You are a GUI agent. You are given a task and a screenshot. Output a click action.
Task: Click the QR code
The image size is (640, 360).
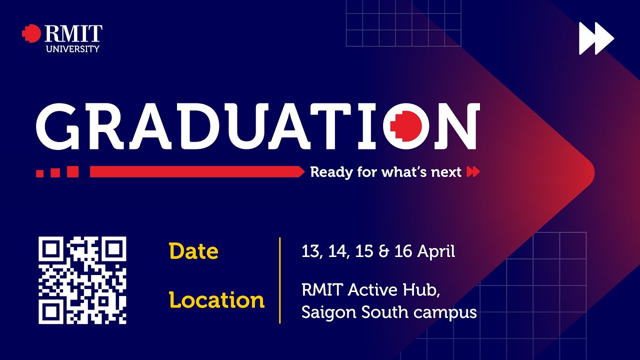[82, 280]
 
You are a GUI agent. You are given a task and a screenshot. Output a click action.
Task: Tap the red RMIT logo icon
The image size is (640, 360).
[31, 33]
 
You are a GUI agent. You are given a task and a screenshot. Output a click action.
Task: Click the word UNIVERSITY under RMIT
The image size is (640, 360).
[72, 49]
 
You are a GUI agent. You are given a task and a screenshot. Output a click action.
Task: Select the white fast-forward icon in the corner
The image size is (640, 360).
[596, 38]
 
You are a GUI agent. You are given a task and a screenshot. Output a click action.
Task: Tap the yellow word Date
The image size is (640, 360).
[193, 251]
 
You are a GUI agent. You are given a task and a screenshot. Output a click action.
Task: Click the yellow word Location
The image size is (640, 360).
[216, 300]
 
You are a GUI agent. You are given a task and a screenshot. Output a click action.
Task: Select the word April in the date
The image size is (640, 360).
[436, 251]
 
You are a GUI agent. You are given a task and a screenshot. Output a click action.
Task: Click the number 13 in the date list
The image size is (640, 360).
[310, 251]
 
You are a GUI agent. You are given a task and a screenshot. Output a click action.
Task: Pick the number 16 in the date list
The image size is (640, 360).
[403, 251]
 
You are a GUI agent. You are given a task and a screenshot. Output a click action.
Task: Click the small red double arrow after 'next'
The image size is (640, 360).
[473, 172]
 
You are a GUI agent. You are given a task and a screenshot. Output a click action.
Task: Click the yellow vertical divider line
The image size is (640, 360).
[280, 280]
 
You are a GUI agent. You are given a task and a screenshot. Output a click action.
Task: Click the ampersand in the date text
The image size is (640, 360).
[384, 251]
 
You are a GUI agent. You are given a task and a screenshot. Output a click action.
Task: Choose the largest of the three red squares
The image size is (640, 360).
[73, 171]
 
